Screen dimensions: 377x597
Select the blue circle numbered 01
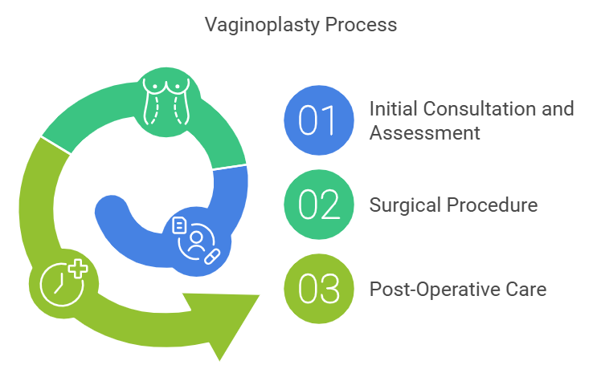[319, 119]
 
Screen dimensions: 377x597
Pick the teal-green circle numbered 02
[319, 205]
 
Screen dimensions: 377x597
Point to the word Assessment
[424, 132]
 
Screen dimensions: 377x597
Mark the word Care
[526, 289]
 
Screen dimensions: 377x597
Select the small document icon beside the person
[180, 226]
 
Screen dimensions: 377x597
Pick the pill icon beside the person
[213, 257]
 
